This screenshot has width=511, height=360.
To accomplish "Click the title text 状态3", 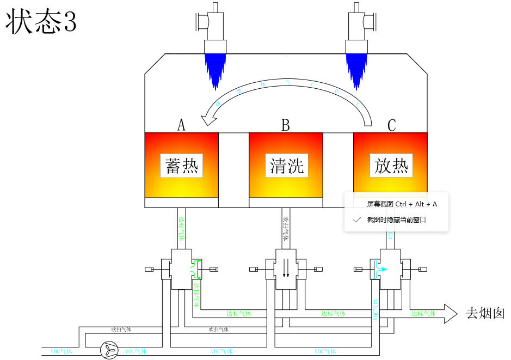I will pos(41,22).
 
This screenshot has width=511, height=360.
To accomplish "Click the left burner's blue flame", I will pos(215,68).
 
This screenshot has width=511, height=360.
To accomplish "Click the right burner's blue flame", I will pos(357,68).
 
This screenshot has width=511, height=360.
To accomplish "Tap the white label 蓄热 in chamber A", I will pos(181,166).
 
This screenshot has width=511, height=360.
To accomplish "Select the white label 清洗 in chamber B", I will pos(286,166).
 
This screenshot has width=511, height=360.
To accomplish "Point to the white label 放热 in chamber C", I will pos(391,166).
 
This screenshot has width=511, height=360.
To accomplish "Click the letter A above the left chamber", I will pos(181,125).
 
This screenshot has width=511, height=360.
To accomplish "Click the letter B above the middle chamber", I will pos(286,125).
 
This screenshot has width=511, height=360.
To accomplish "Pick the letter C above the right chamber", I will pos(391,125).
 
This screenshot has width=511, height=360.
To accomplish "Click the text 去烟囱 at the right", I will pos(485,314).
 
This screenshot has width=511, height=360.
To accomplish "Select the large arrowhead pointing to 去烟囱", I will pos(451,314).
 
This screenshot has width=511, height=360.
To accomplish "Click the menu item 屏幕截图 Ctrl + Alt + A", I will pos(402,204).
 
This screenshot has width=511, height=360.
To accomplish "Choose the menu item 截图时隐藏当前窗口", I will pos(396,220).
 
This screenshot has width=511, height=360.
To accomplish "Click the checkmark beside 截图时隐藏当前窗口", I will pos(357,220).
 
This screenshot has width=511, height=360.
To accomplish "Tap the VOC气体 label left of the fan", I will pos(60,351).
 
